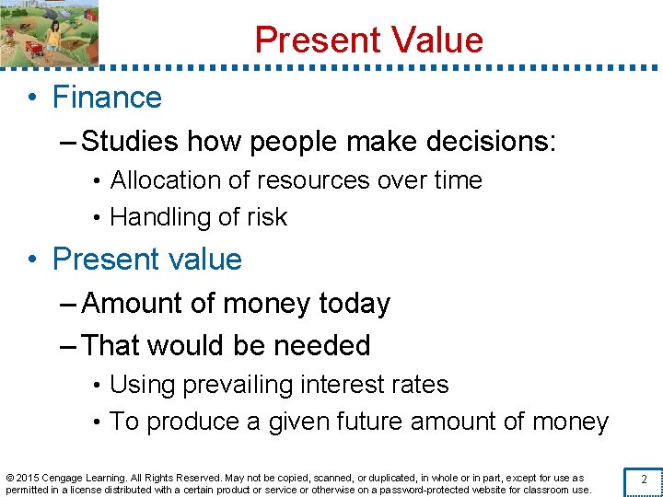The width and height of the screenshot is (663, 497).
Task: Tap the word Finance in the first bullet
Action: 107,98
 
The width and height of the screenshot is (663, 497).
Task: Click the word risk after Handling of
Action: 267,217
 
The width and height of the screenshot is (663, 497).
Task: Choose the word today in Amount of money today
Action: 355,304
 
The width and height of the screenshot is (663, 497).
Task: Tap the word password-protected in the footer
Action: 422,490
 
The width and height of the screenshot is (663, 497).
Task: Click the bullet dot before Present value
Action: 34,260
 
